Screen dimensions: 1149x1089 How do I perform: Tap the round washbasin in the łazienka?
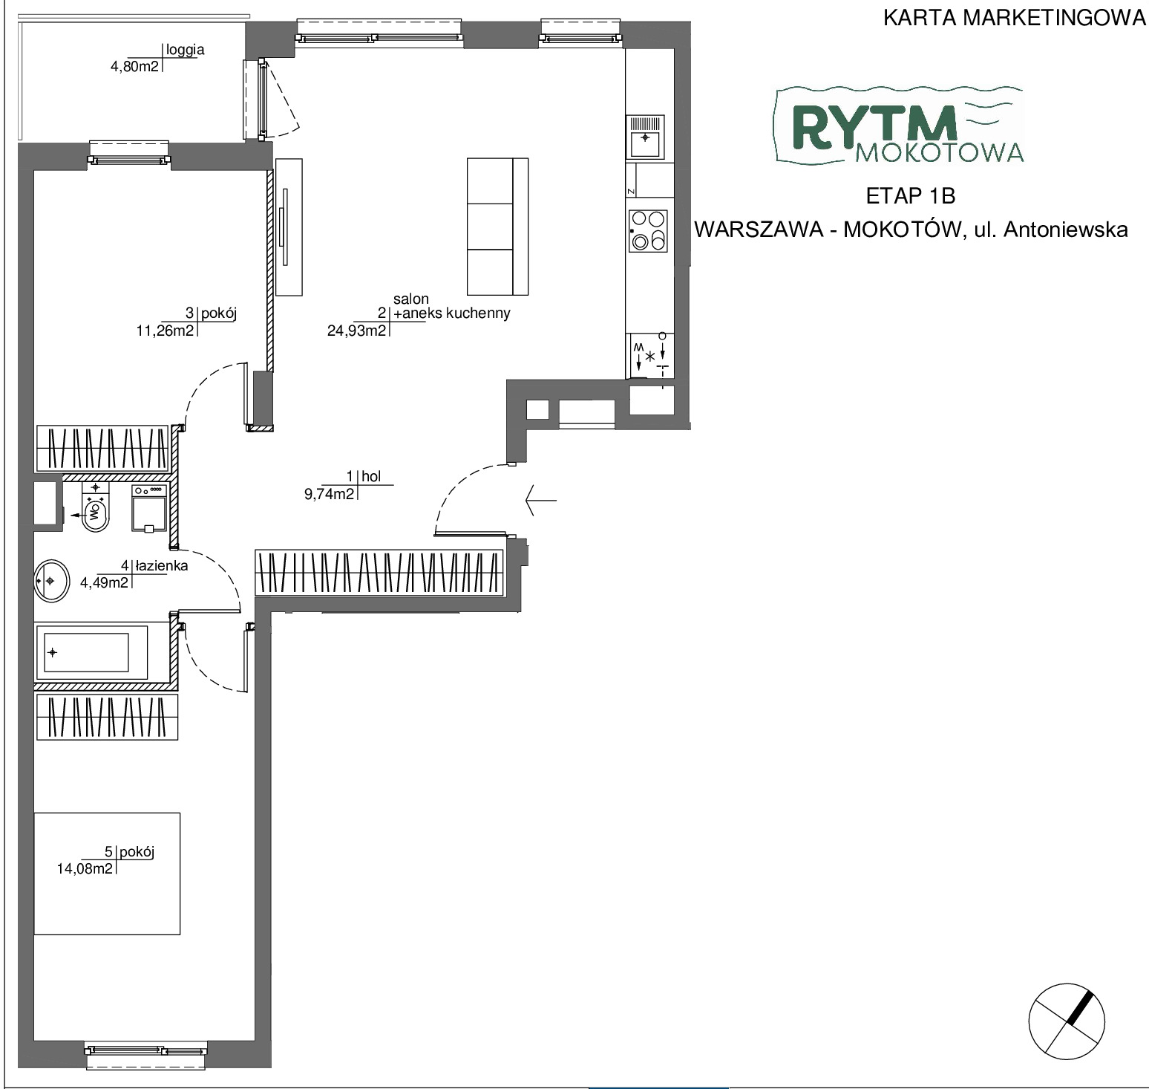[x=51, y=579]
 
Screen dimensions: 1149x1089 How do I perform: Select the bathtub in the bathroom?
[x=91, y=652]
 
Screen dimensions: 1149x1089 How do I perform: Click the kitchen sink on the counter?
[x=646, y=137]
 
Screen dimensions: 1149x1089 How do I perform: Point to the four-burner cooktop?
[x=647, y=230]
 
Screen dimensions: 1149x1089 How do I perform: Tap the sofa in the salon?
[x=497, y=226]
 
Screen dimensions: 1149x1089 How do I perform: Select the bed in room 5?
[x=107, y=874]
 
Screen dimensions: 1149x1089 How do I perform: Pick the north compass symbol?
[x=1067, y=1020]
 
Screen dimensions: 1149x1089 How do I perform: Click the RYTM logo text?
[x=874, y=126]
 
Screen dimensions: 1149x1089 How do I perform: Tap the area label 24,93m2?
[x=356, y=331]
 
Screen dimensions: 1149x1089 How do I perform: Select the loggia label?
[x=186, y=51]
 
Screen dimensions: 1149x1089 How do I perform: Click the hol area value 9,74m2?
[x=330, y=494]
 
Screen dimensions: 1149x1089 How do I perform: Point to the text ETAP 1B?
[x=910, y=196]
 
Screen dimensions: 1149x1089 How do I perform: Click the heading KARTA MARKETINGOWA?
[x=1015, y=19]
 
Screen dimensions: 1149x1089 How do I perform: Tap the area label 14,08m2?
[x=85, y=868]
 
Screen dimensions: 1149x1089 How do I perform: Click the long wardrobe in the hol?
[x=381, y=572]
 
